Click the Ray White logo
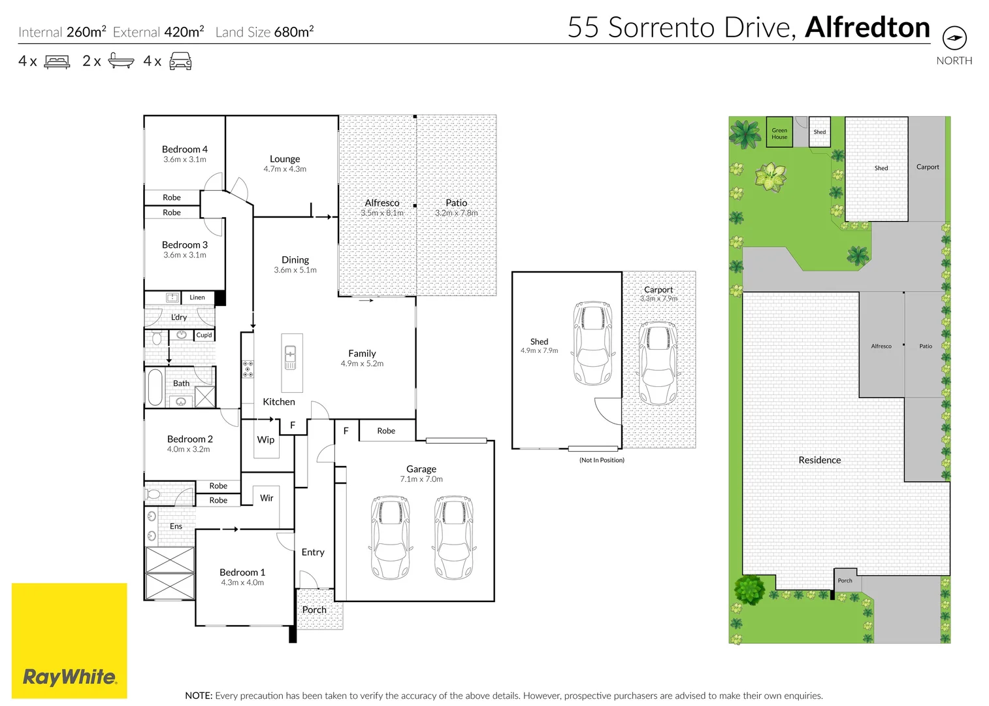point(69,677)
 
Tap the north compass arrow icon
point(954,38)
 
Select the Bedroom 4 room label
point(184,150)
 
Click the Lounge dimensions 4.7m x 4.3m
point(285,169)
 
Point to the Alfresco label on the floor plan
point(382,203)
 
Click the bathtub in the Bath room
point(155,388)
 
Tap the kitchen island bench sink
point(291,356)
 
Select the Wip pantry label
point(266,440)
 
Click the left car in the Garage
point(390,537)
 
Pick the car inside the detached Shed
point(592,343)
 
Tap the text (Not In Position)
point(602,460)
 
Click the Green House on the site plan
point(779,133)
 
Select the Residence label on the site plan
point(819,460)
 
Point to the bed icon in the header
point(57,62)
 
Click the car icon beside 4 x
point(180,62)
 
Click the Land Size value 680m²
point(294,32)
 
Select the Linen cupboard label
point(197,297)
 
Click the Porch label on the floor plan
point(314,610)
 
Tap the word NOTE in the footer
point(198,696)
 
